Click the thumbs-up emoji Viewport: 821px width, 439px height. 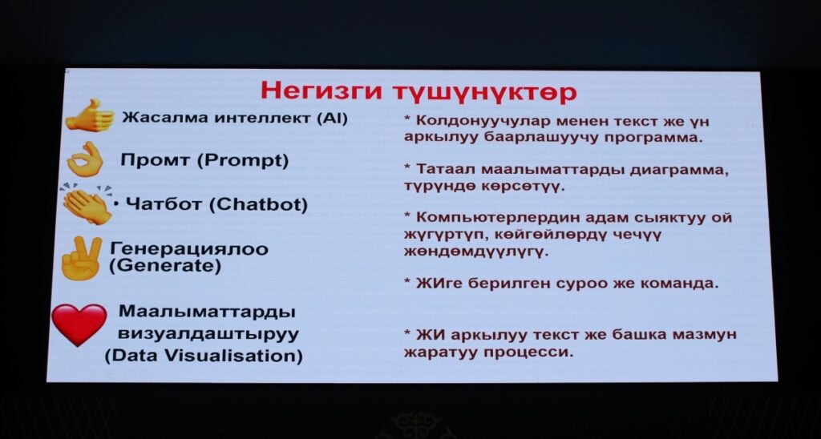pos(90,115)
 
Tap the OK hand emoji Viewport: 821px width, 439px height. pos(85,159)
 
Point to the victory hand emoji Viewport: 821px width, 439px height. pos(81,257)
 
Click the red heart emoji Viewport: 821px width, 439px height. pos(79,324)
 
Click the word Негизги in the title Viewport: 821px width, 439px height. pos(321,91)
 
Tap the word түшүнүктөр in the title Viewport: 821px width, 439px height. pos(484,92)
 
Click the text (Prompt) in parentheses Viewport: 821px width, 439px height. pos(242,160)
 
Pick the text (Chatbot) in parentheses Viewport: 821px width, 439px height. pos(258,204)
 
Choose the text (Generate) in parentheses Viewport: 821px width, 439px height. pos(165,266)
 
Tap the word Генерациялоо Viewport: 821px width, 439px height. pos(189,248)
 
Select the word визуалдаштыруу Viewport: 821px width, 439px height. pos(208,334)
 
